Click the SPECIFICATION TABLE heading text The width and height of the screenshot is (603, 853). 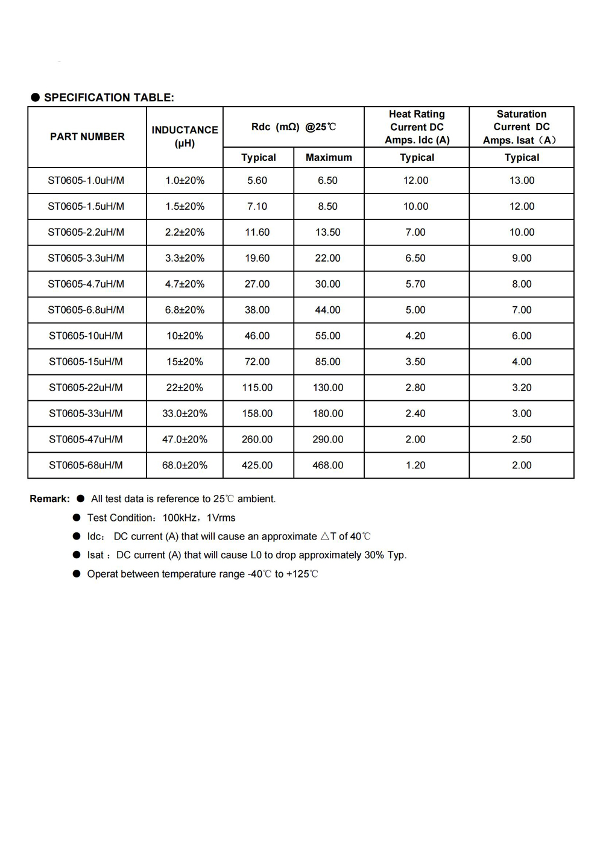coord(109,98)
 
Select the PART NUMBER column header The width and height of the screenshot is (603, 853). coord(87,137)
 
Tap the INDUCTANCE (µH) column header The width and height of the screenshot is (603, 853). coord(185,136)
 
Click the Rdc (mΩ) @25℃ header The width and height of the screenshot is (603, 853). coord(294,127)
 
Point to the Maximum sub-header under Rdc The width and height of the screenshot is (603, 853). coord(329,157)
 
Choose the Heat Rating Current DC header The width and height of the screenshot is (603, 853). coord(417,127)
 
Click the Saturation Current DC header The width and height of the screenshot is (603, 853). coord(522,127)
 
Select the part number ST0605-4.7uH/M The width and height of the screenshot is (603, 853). coord(86,284)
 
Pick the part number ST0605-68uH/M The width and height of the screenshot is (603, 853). coord(86,465)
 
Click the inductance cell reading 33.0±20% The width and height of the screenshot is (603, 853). coord(185,414)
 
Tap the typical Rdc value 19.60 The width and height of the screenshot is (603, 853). coord(257,258)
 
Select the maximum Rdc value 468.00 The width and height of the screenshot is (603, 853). coord(328,465)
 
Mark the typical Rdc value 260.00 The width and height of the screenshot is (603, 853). coord(257,439)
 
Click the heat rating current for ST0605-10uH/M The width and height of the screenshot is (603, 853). coord(415,336)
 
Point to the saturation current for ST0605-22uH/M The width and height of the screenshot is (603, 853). coord(522,388)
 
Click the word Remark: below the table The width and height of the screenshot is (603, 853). coord(49,499)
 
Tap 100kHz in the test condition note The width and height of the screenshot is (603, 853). coord(180,518)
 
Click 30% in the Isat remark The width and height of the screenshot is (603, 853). coord(374,555)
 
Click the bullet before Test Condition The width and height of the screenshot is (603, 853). coord(77,518)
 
